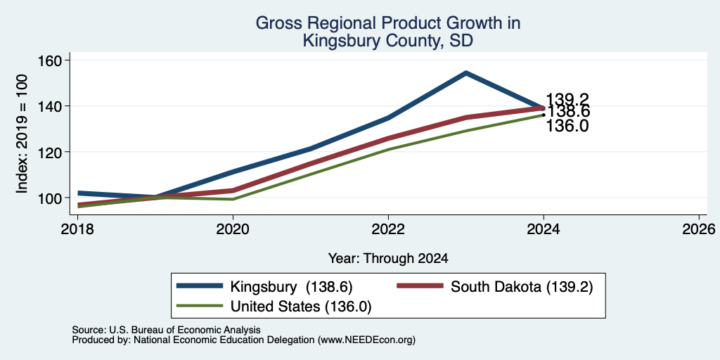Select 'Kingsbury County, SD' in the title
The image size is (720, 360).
point(388,41)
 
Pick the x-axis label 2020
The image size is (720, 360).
point(233,229)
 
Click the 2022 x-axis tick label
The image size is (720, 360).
point(388,229)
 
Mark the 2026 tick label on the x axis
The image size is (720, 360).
point(699,229)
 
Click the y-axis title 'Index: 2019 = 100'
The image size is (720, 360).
point(22,134)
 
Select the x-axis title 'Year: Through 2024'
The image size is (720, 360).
point(388,259)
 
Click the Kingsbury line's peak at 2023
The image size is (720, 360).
point(465,72)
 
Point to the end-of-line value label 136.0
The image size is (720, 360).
point(567,126)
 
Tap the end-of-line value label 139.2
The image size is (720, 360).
point(567,99)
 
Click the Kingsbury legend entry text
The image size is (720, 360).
point(291,287)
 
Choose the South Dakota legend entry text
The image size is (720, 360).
point(522,287)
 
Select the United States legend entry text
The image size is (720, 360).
point(301,307)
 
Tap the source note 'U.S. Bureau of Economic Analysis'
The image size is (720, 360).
point(185,330)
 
